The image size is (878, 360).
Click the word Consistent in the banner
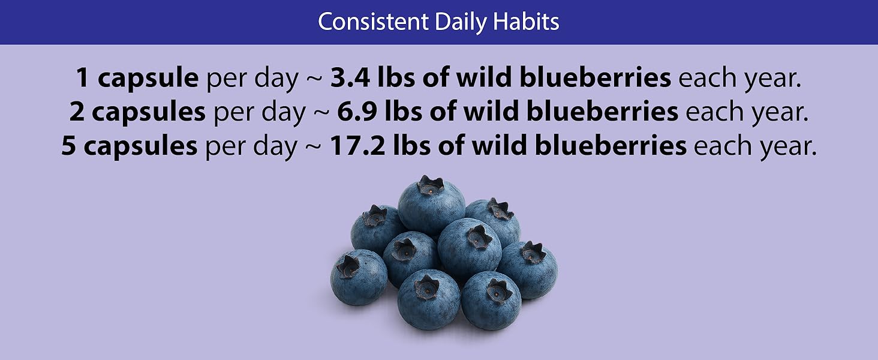click(373, 22)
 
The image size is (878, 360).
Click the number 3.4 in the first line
click(350, 77)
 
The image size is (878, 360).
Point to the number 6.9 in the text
click(357, 112)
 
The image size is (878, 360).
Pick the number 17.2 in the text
click(357, 146)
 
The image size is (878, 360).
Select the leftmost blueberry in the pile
click(359, 277)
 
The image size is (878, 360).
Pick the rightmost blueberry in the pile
click(527, 270)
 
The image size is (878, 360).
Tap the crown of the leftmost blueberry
click(348, 267)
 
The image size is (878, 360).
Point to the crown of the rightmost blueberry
click(533, 253)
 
